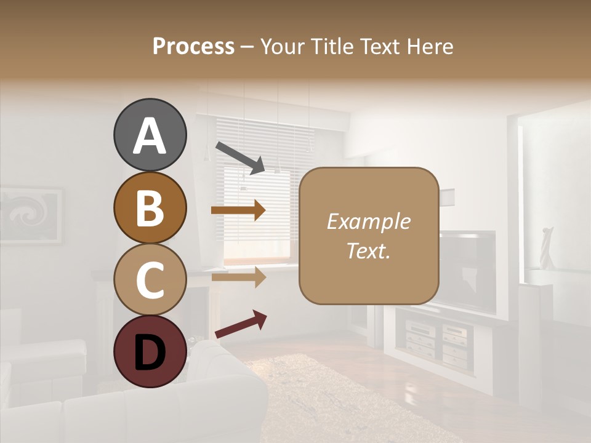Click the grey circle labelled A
(150, 135)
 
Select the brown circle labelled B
(150, 207)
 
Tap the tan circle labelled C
(150, 280)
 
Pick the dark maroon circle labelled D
(150, 352)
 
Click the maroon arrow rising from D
(241, 324)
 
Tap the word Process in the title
(193, 46)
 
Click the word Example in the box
(368, 221)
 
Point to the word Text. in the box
(368, 251)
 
